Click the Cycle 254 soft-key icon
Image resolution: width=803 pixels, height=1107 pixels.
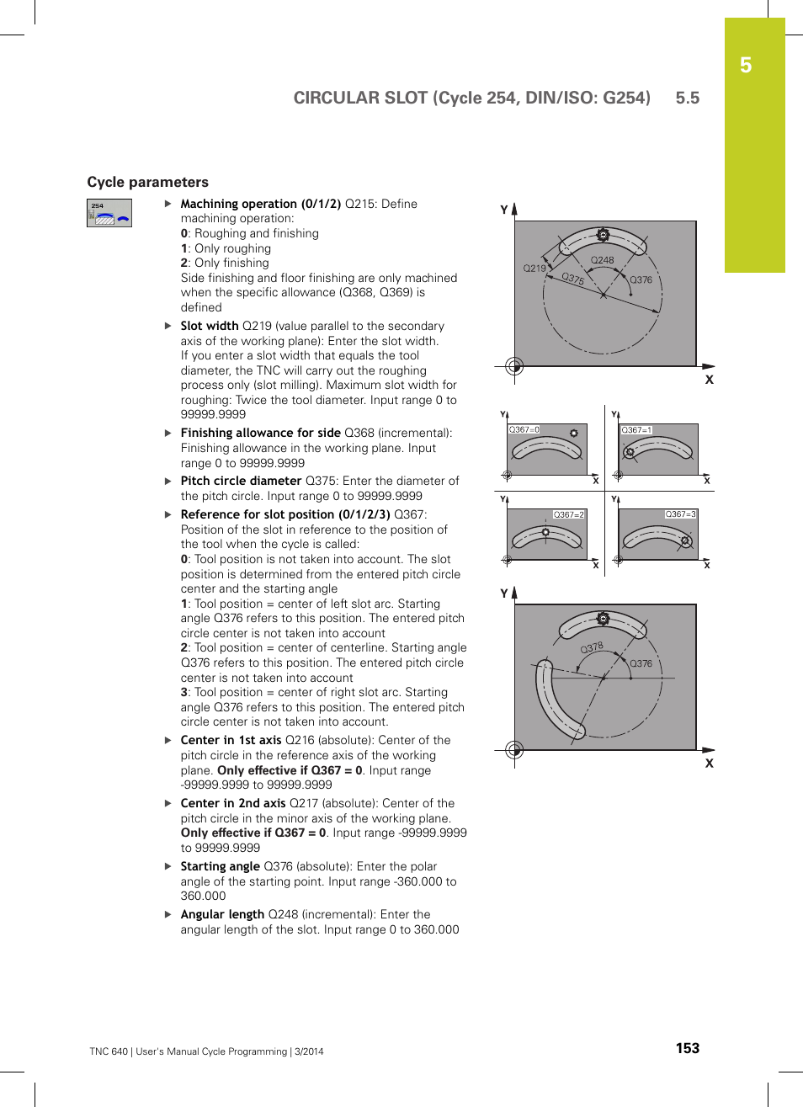pyautogui.click(x=109, y=213)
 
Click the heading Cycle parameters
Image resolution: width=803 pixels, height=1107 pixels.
pyautogui.click(x=147, y=182)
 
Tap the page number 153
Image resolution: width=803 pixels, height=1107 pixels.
pyautogui.click(x=687, y=1048)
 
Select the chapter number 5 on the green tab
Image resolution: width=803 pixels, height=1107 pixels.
pyautogui.click(x=746, y=66)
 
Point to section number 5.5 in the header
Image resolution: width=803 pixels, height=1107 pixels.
pyautogui.click(x=687, y=98)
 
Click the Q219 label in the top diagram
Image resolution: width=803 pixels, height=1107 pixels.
pyautogui.click(x=534, y=269)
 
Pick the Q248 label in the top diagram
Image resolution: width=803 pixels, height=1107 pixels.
pyautogui.click(x=602, y=260)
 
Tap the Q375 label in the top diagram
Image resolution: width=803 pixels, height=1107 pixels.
pyautogui.click(x=573, y=279)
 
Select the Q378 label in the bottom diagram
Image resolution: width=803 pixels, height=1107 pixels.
pyautogui.click(x=592, y=647)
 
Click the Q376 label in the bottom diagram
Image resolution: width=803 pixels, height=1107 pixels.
pyautogui.click(x=641, y=663)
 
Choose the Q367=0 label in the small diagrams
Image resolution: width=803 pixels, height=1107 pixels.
pyautogui.click(x=524, y=429)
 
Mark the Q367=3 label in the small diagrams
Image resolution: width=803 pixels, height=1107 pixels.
pyautogui.click(x=680, y=514)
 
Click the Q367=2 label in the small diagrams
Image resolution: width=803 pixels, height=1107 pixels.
pyautogui.click(x=568, y=514)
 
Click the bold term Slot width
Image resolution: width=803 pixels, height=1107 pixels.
pyautogui.click(x=210, y=326)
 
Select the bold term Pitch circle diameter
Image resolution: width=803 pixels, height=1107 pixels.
pyautogui.click(x=241, y=481)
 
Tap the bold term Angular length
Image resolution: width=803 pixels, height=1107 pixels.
pyautogui.click(x=222, y=914)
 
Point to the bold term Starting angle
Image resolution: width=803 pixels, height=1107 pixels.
pyautogui.click(x=220, y=866)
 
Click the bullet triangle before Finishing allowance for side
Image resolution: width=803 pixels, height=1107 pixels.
pyautogui.click(x=168, y=433)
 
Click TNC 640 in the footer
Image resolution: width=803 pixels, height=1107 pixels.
pyautogui.click(x=109, y=1051)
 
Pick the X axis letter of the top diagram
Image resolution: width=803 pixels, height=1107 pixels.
pyautogui.click(x=709, y=380)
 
